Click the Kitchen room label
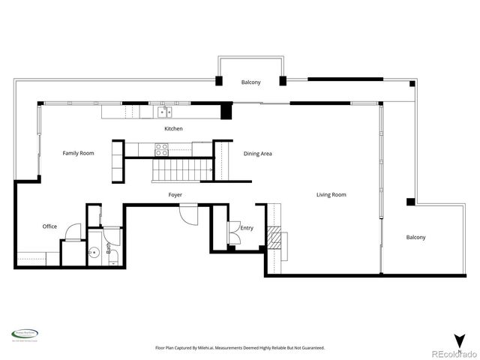[x=174, y=129]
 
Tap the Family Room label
[x=78, y=153]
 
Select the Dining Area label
[x=257, y=154]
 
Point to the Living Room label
[x=331, y=195]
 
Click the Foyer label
[x=175, y=195]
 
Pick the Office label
[x=49, y=226]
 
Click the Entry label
[x=247, y=228]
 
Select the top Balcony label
[x=250, y=82]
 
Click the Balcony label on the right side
[x=415, y=238]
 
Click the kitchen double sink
[x=163, y=113]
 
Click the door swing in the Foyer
[x=187, y=212]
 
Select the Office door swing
[x=72, y=231]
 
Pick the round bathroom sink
[x=94, y=253]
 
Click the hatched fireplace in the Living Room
[x=277, y=239]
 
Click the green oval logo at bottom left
[x=25, y=334]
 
